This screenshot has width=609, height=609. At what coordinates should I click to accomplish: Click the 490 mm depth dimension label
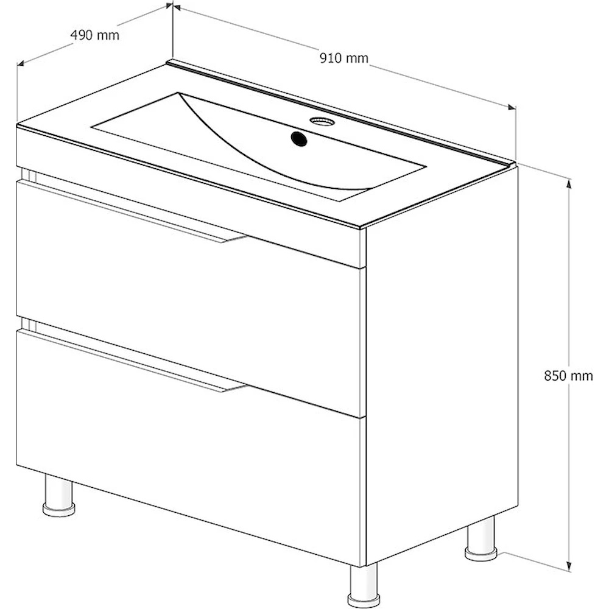(x=95, y=35)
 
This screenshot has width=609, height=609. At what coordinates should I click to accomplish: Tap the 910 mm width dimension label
(x=343, y=58)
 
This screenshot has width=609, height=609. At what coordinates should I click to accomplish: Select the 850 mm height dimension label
(x=568, y=376)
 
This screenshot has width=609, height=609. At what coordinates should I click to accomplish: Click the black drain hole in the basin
(x=298, y=138)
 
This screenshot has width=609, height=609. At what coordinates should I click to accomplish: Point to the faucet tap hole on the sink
(x=322, y=122)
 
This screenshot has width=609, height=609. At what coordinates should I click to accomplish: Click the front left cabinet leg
(x=58, y=495)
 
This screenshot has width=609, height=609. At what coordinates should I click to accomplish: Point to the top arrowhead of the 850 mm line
(x=569, y=183)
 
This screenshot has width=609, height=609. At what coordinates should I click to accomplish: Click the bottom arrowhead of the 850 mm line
(x=569, y=566)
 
